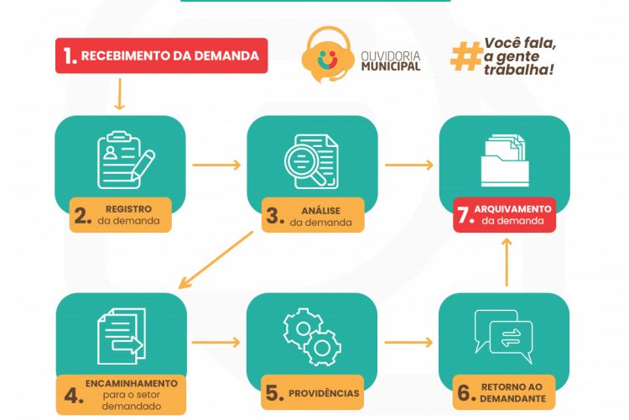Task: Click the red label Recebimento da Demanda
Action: [162, 56]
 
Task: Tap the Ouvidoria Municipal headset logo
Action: [327, 56]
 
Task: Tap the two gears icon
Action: [312, 337]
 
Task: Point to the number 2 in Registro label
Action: [82, 215]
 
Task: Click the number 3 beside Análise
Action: [273, 215]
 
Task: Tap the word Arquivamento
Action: [514, 208]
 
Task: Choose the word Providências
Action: [325, 393]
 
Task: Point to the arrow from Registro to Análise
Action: [216, 165]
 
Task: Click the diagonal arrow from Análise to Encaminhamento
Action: [217, 260]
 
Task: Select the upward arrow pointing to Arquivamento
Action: [506, 262]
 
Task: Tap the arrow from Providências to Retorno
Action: [408, 343]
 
